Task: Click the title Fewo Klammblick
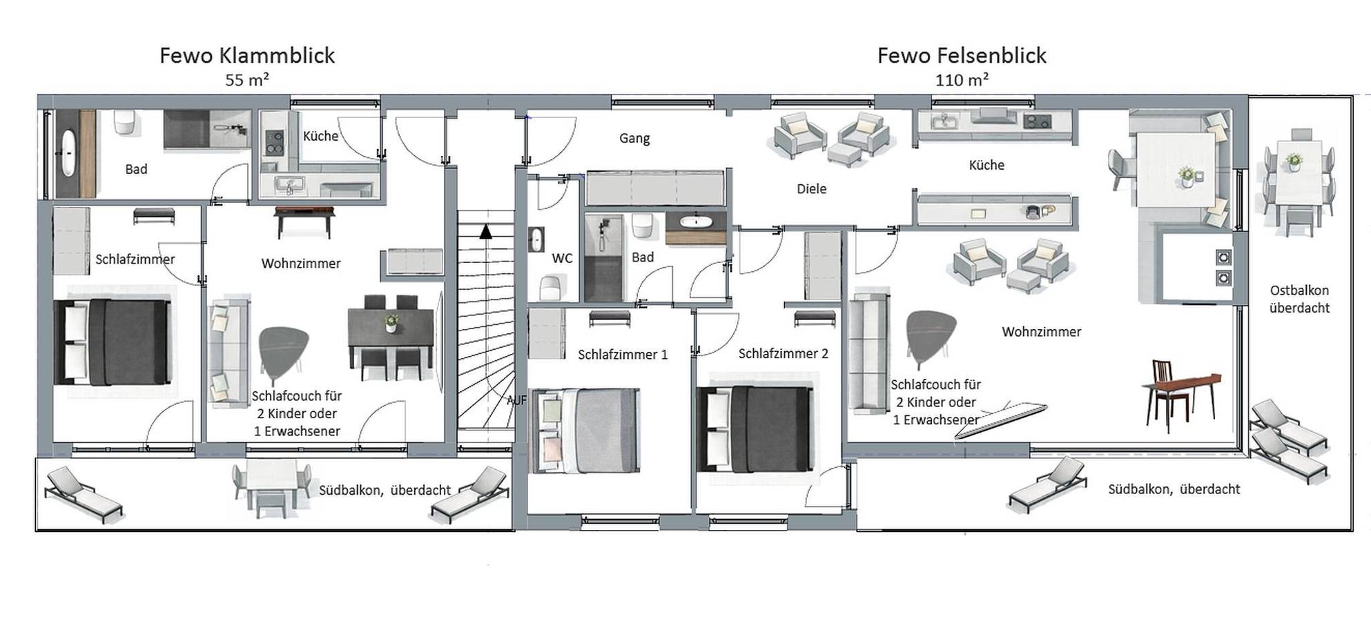tap(247, 55)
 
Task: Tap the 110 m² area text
tap(961, 80)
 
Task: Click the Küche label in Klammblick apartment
tap(320, 136)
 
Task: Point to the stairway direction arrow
tap(486, 232)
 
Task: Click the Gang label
tap(634, 138)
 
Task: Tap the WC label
tap(562, 258)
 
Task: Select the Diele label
tap(811, 188)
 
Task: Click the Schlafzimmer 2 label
tap(783, 353)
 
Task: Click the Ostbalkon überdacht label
tap(1299, 299)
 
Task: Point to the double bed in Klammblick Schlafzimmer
tap(113, 342)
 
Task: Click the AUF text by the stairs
tap(516, 400)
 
